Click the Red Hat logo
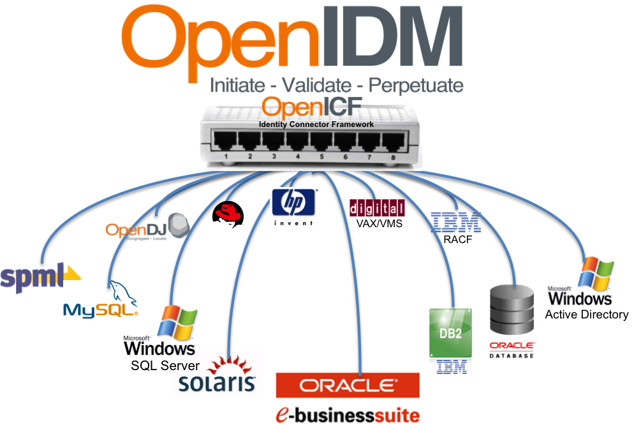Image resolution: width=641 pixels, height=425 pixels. click(x=228, y=214)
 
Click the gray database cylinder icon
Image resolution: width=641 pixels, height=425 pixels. click(x=512, y=310)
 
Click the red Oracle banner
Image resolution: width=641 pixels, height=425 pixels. click(x=348, y=385)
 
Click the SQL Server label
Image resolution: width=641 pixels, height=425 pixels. click(x=165, y=366)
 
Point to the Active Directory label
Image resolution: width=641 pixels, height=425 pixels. click(x=586, y=315)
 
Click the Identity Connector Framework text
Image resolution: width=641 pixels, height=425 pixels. click(x=316, y=124)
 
